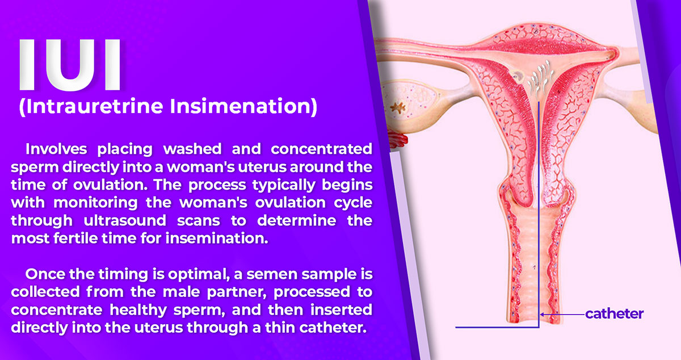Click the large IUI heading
[x=70, y=65]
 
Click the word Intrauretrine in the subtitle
[x=91, y=106]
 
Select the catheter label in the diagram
[x=614, y=314]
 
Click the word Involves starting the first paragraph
[x=56, y=149]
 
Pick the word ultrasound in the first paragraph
[x=125, y=220]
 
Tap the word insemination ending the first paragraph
[x=217, y=238]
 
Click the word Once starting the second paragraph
[x=45, y=274]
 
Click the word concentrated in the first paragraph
[x=321, y=149]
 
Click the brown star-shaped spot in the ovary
[x=398, y=108]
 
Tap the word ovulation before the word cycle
[x=290, y=203]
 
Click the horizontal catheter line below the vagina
[x=497, y=327]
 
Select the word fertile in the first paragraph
[x=75, y=238]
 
